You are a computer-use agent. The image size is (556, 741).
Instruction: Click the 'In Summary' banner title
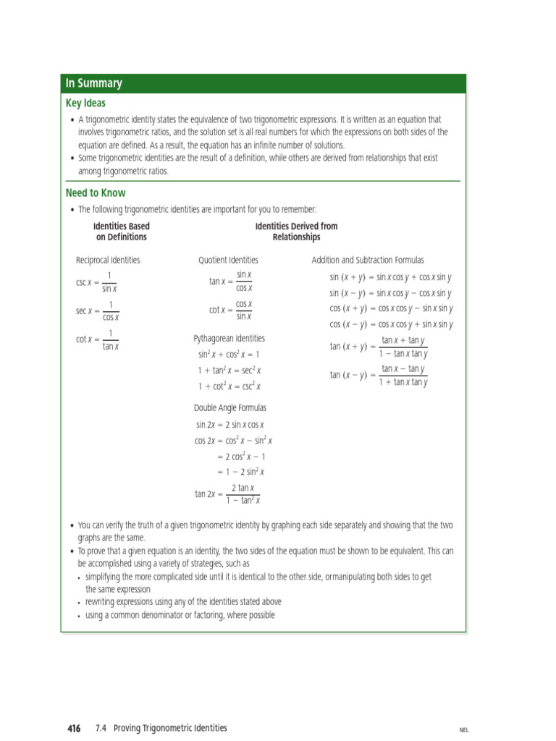(x=93, y=83)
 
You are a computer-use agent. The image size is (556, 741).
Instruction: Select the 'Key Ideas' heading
(x=85, y=103)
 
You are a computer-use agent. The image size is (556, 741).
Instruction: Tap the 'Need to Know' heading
(x=95, y=193)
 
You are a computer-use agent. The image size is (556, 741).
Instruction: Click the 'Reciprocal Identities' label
(x=108, y=260)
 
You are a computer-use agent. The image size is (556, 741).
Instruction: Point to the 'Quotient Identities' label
(x=228, y=260)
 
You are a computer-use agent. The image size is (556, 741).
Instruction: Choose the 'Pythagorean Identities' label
(x=229, y=338)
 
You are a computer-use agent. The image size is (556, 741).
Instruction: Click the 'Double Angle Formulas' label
(x=229, y=407)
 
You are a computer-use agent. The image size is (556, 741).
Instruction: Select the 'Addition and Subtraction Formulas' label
(x=368, y=260)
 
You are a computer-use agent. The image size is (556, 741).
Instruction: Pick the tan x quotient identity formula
(x=230, y=281)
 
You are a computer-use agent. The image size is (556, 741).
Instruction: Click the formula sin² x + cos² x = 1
(x=228, y=355)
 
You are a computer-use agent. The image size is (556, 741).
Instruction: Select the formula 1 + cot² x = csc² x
(x=229, y=386)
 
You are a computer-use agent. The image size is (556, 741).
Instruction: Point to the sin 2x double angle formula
(x=229, y=425)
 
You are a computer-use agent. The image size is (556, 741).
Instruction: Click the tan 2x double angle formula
(x=227, y=494)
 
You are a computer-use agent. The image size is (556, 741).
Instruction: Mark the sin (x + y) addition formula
(x=390, y=277)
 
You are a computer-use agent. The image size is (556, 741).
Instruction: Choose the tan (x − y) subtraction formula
(x=379, y=376)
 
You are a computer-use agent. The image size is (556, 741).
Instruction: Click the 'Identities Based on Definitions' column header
(x=122, y=232)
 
